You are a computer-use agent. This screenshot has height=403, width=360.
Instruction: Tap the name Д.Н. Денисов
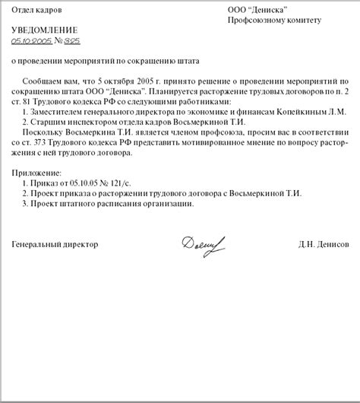(x=324, y=246)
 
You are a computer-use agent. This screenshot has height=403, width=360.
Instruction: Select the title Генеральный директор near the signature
(x=55, y=246)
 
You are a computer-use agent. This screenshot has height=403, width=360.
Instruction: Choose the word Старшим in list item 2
(x=46, y=121)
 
